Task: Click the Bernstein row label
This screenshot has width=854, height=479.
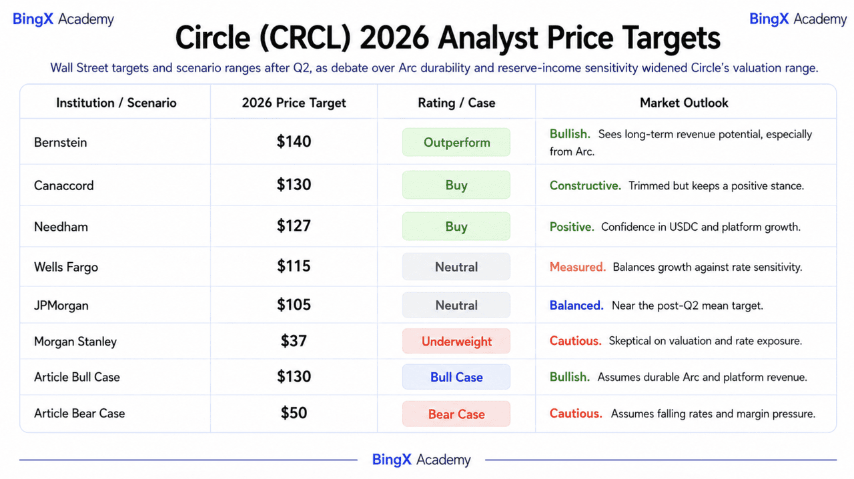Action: pyautogui.click(x=60, y=142)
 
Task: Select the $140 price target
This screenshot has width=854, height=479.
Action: pyautogui.click(x=294, y=141)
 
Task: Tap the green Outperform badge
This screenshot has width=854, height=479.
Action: pyautogui.click(x=456, y=142)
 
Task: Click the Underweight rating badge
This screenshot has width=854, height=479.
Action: pyautogui.click(x=456, y=341)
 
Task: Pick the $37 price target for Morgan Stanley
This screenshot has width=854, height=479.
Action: pyautogui.click(x=294, y=341)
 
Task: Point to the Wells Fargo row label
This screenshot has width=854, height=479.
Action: pyautogui.click(x=66, y=267)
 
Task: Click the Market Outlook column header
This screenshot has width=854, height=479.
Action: pyautogui.click(x=684, y=103)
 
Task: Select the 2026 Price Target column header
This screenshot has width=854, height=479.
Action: pyautogui.click(x=294, y=103)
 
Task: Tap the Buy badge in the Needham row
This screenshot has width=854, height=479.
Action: pyautogui.click(x=456, y=226)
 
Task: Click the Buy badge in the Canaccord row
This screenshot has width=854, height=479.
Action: pyautogui.click(x=456, y=185)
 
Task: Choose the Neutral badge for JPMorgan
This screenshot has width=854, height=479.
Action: pyautogui.click(x=456, y=305)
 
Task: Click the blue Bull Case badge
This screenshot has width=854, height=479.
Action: pyautogui.click(x=456, y=377)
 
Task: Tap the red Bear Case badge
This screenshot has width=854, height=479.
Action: pyautogui.click(x=456, y=414)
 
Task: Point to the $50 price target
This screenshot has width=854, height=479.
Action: pyautogui.click(x=294, y=413)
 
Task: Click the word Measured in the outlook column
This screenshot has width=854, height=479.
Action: pyautogui.click(x=578, y=267)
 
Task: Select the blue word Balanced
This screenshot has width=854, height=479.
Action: pyautogui.click(x=576, y=306)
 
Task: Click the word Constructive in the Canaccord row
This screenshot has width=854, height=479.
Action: pyautogui.click(x=585, y=185)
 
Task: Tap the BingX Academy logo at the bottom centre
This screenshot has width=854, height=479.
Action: pyautogui.click(x=421, y=460)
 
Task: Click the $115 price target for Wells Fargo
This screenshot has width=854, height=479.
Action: pyautogui.click(x=294, y=266)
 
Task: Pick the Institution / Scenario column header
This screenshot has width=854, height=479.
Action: pyautogui.click(x=116, y=103)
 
